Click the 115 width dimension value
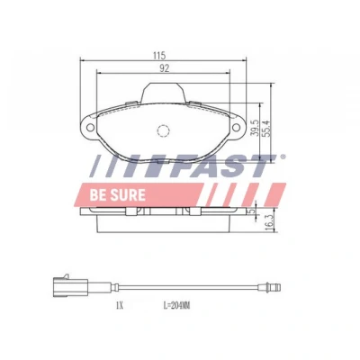(x=159, y=55)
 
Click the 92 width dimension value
(x=165, y=68)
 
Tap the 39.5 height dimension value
(x=255, y=128)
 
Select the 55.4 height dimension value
(x=266, y=129)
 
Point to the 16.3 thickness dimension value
(x=269, y=222)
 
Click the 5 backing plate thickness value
(x=253, y=211)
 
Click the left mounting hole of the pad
(x=90, y=128)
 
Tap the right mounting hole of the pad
(x=236, y=128)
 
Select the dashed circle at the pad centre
(x=163, y=130)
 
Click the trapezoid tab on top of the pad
(x=163, y=93)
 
